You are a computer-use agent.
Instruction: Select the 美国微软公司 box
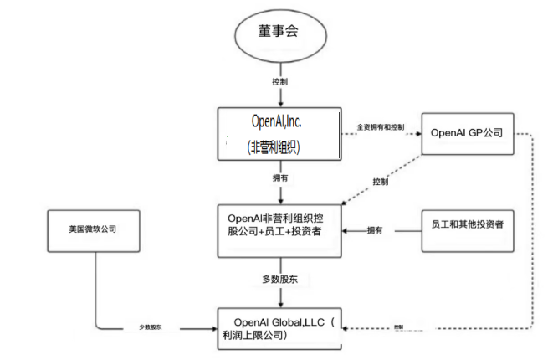point(94,229)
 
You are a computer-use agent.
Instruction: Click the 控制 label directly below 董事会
point(279,84)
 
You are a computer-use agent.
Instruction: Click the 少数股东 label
point(151,327)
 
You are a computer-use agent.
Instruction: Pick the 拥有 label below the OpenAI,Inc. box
point(279,179)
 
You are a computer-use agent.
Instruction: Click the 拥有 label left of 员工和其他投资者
point(376,229)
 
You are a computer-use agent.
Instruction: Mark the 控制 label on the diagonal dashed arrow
point(381,182)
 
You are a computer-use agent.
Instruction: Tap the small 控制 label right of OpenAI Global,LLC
point(398,327)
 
